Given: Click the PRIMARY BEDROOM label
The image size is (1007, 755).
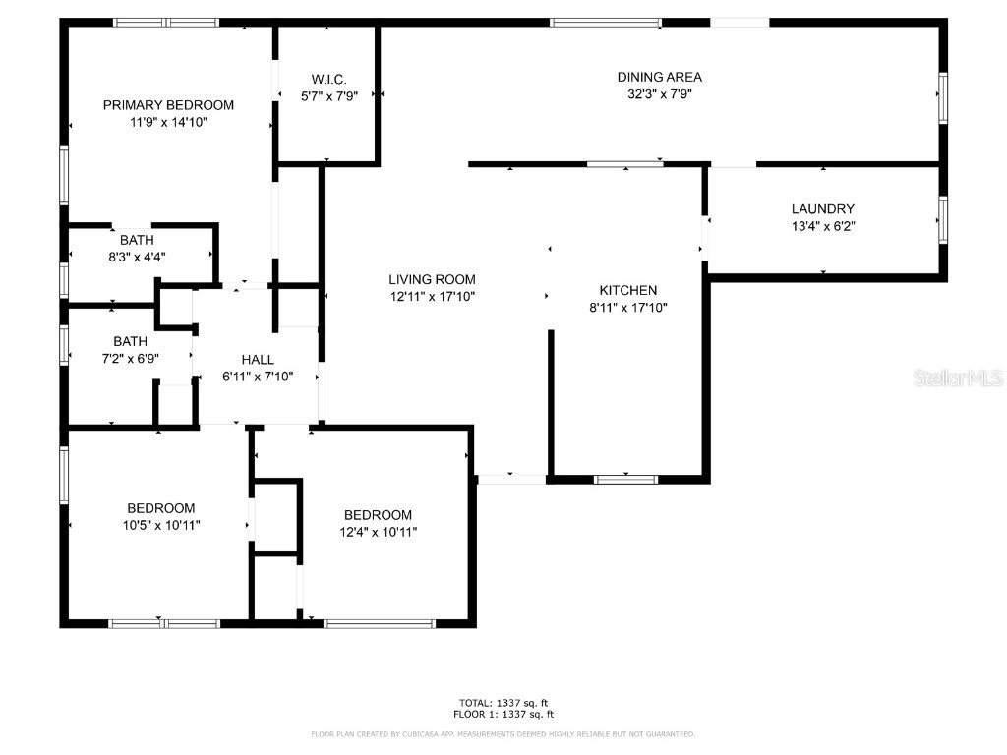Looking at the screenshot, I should click(168, 105).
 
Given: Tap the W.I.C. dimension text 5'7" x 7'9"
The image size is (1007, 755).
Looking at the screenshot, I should click(328, 96).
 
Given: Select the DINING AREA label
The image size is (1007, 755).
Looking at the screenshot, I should click(659, 77).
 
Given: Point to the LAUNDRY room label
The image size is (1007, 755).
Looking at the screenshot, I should click(822, 208).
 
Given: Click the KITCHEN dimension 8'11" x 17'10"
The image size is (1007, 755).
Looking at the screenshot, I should click(628, 308).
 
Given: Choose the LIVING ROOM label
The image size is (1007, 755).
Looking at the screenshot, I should click(432, 279).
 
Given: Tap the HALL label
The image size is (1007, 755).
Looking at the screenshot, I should click(258, 360).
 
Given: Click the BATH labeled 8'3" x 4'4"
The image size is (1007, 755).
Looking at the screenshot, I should click(137, 240).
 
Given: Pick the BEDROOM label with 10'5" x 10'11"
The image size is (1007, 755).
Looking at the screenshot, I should click(160, 508).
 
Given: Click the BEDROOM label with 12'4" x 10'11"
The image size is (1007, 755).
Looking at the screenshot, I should click(377, 515).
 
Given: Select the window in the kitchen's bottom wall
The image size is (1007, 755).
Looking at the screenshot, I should click(625, 480).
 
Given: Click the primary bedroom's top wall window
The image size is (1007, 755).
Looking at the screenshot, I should click(165, 22).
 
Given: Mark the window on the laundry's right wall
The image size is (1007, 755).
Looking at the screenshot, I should click(942, 220).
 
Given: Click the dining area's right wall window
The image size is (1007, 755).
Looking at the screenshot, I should click(942, 96).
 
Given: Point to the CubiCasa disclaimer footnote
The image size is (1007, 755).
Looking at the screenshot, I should click(503, 734).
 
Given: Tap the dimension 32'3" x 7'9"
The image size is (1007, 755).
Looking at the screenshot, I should click(659, 94).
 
